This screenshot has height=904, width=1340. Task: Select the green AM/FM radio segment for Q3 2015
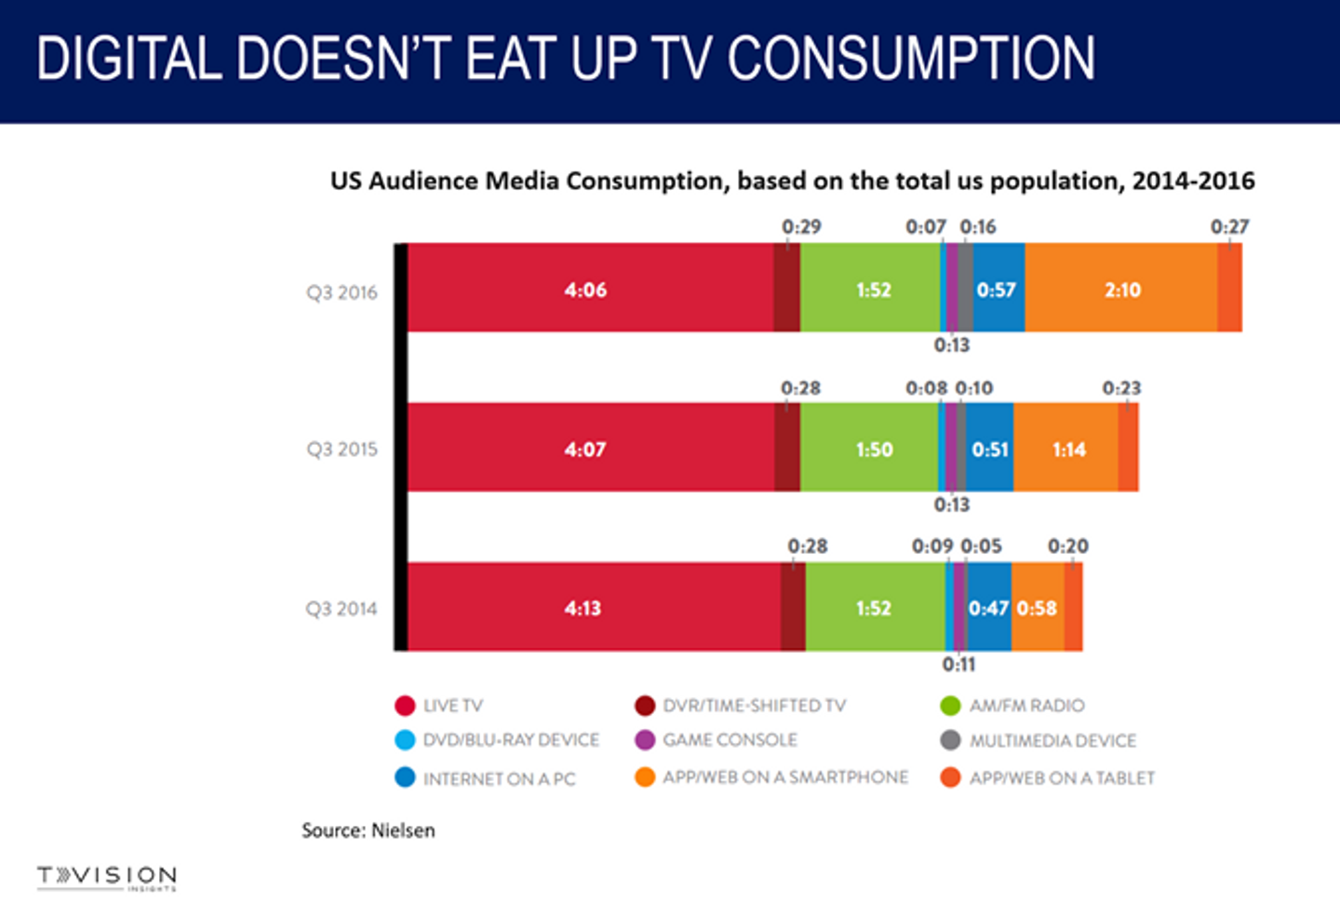(x=869, y=448)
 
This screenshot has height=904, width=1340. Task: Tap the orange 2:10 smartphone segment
(x=1121, y=288)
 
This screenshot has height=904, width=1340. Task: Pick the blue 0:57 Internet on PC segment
(x=998, y=288)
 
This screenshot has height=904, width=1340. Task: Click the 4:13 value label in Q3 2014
(x=583, y=608)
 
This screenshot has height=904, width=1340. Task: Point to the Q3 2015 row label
(x=342, y=449)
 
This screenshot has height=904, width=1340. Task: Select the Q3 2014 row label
(x=342, y=609)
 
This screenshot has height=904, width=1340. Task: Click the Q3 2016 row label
(x=342, y=292)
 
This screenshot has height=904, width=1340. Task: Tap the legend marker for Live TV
(x=405, y=706)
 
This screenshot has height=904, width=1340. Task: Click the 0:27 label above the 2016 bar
(x=1229, y=226)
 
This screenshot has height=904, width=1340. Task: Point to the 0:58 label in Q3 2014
(x=1037, y=608)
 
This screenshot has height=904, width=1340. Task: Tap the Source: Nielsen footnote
(x=368, y=830)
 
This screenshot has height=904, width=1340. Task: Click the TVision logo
(x=106, y=877)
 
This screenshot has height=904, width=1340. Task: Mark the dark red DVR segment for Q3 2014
(x=793, y=607)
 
